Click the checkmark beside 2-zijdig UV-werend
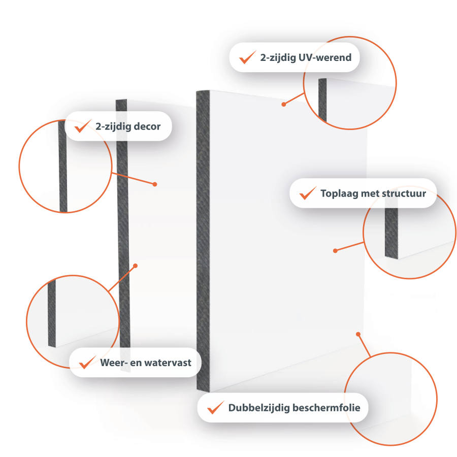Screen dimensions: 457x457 [247, 57]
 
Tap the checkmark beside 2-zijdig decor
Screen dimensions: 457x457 [83, 126]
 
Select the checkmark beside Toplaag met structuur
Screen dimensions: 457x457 [308, 193]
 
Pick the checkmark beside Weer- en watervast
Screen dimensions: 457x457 [87, 362]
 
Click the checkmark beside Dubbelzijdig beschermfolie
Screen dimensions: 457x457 [216, 407]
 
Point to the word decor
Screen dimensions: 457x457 [147, 126]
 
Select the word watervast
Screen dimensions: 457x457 [168, 363]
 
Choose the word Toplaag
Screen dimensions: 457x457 [339, 193]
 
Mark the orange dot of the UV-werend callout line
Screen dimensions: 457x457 [283, 104]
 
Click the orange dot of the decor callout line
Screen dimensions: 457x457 [155, 184]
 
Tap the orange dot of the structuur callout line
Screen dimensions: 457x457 [335, 251]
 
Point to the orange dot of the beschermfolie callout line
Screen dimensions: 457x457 [358, 334]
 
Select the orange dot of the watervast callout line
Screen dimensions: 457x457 [135, 266]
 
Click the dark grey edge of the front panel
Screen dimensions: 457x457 [203, 241]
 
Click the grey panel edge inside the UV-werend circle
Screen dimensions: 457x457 [322, 100]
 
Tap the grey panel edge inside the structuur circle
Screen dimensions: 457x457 [391, 230]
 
